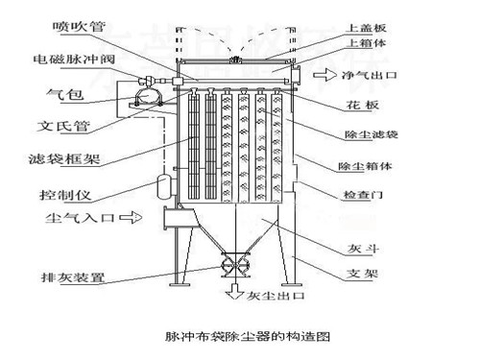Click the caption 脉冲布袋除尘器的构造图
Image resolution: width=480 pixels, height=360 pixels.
[x=248, y=337]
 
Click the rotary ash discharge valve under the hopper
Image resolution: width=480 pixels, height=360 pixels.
[x=233, y=264]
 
